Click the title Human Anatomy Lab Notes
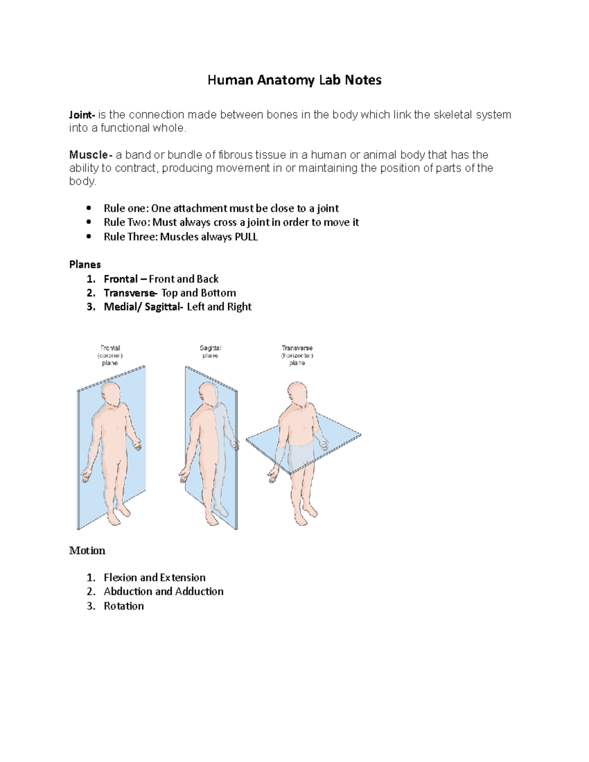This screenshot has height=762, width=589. click(294, 80)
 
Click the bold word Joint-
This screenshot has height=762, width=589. click(81, 115)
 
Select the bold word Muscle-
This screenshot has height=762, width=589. click(91, 155)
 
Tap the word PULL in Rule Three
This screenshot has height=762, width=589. click(246, 237)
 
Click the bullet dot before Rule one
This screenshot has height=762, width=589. click(89, 208)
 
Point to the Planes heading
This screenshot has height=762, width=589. click(85, 264)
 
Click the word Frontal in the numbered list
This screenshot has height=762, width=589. click(121, 279)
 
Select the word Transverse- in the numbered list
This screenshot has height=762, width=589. click(131, 293)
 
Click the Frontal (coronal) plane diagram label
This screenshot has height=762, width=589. click(110, 355)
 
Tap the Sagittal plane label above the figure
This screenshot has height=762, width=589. click(210, 351)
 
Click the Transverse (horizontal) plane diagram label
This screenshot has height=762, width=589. click(297, 355)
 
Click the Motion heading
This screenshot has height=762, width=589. click(87, 551)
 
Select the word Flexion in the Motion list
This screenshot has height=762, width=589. click(121, 578)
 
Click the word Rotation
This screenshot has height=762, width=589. click(124, 606)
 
